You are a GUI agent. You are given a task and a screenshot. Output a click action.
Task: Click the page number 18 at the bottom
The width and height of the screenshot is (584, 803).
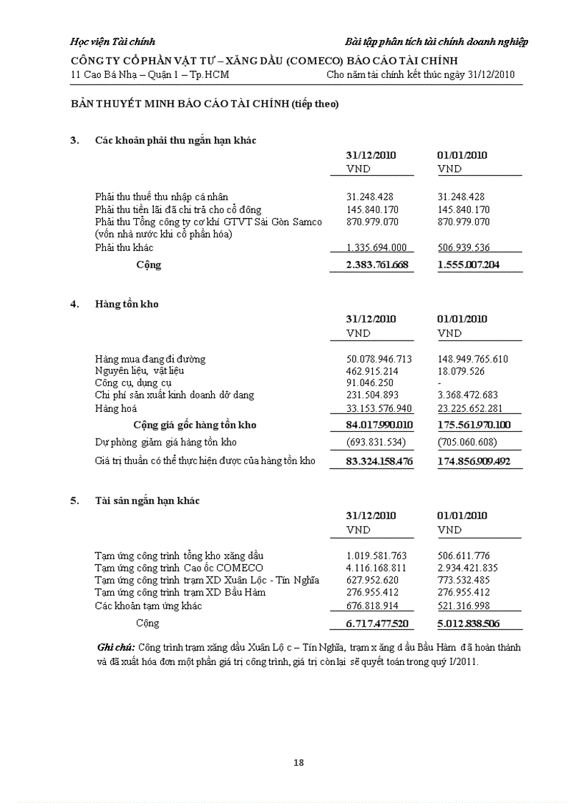[298, 762]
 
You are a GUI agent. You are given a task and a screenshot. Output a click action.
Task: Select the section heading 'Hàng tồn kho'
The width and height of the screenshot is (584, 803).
[127, 304]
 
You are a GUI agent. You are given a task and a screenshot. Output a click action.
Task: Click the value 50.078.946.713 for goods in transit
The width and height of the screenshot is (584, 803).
[379, 359]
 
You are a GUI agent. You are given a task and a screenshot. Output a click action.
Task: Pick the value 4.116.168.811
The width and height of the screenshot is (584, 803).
[376, 568]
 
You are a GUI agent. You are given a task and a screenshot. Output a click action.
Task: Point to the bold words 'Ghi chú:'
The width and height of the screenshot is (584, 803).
[115, 647]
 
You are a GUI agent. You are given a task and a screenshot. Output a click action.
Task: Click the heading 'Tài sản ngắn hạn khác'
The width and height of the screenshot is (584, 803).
[147, 501]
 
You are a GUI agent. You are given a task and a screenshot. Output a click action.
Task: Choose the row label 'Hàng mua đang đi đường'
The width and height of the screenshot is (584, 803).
[150, 359]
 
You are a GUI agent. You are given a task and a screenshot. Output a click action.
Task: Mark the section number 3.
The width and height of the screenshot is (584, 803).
[74, 140]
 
